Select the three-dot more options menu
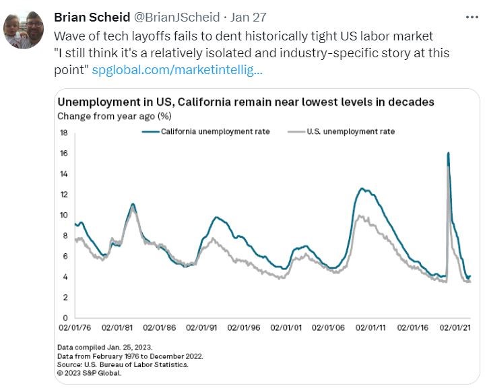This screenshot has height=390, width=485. [x=472, y=16]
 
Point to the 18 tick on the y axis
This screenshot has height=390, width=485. [x=63, y=133]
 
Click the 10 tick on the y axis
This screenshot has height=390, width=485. [x=63, y=215]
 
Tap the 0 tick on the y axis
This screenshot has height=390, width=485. [x=65, y=317]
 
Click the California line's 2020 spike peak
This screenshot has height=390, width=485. [x=448, y=154]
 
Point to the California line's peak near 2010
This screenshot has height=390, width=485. [x=362, y=189]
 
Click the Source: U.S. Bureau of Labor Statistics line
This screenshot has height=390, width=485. [x=122, y=363]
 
